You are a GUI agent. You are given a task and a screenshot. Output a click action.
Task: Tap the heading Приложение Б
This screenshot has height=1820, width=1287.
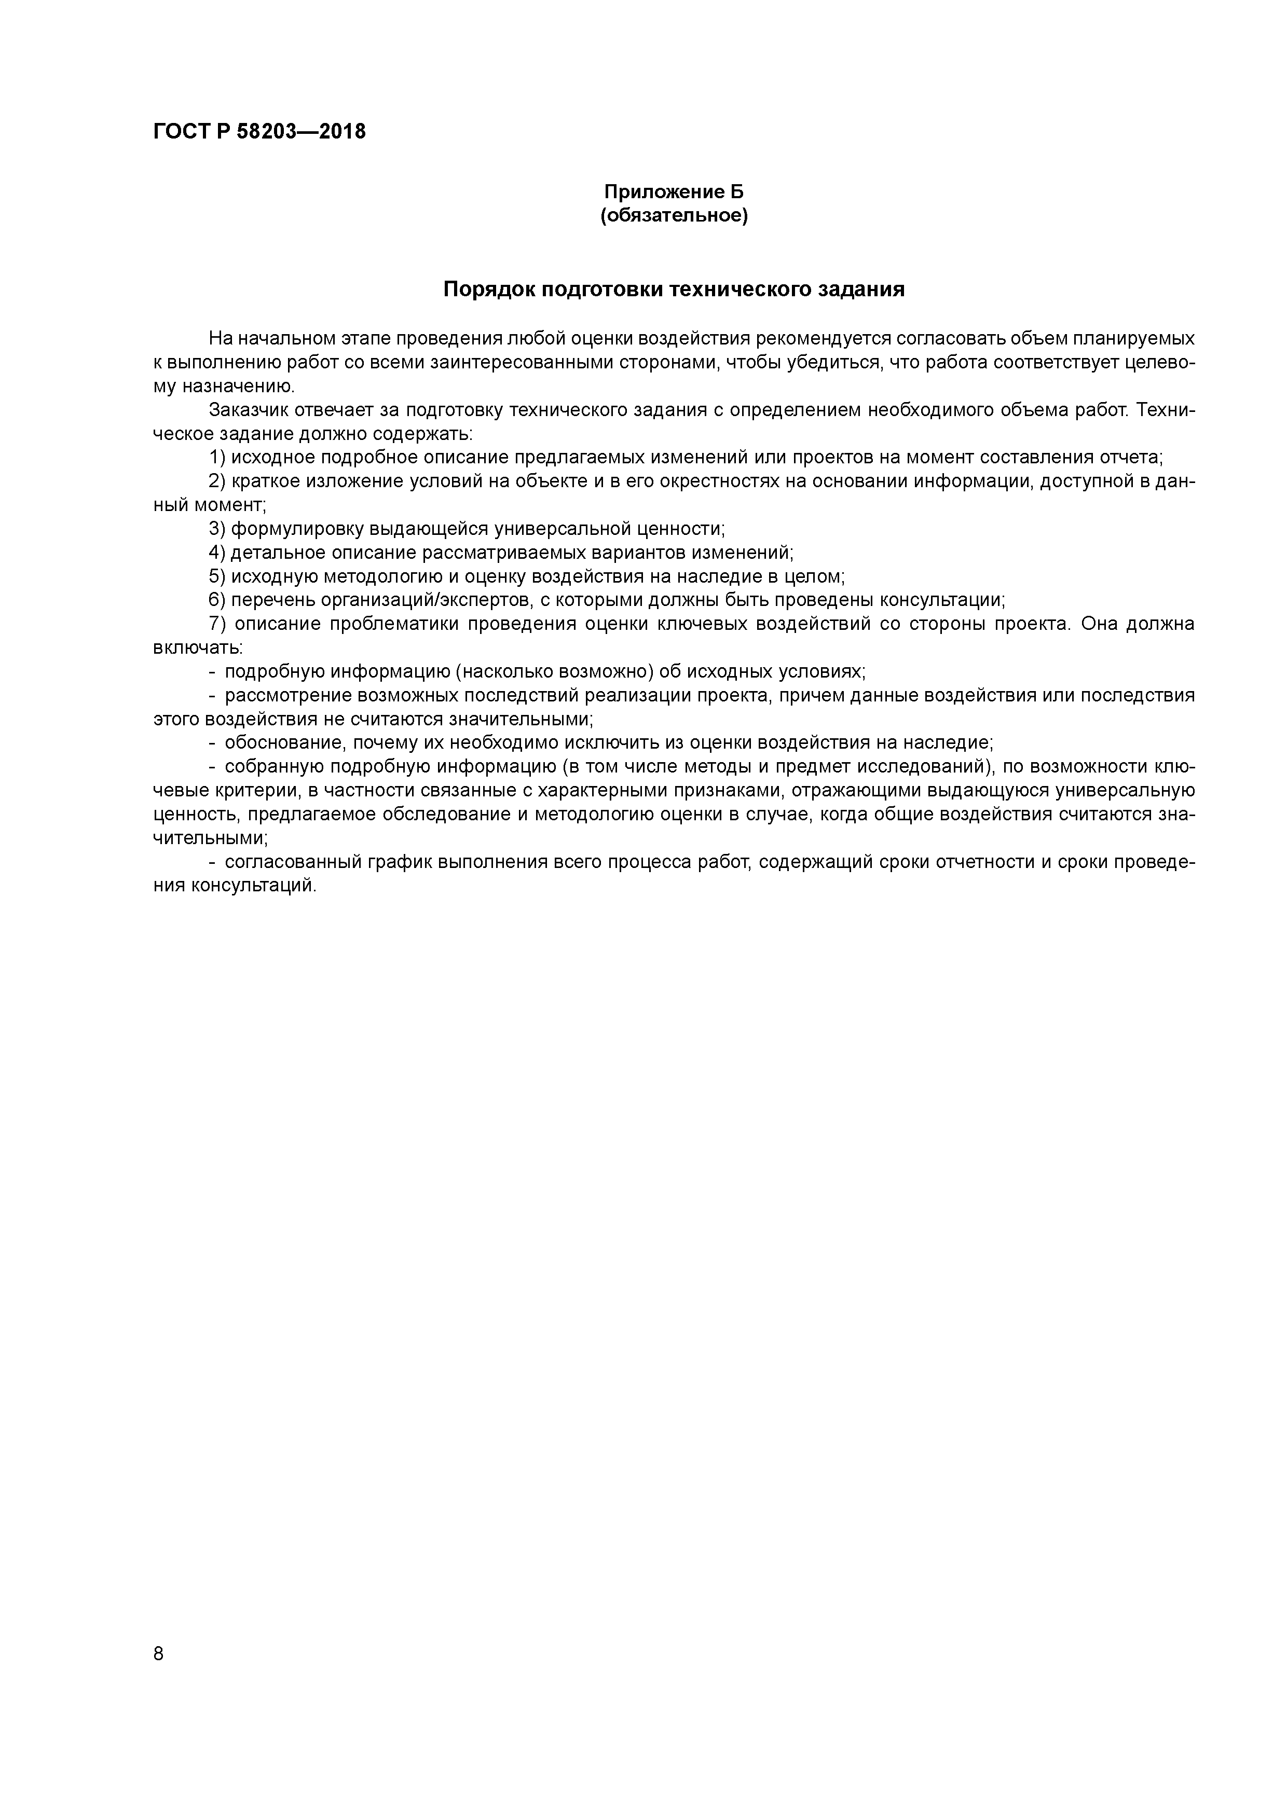(674, 192)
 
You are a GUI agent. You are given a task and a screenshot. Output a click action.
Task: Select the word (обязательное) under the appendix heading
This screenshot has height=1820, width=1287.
(674, 216)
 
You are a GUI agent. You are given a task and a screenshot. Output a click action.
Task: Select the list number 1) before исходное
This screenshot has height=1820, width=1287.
(217, 458)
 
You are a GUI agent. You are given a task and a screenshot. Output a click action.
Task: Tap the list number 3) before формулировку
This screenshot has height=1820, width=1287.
(217, 529)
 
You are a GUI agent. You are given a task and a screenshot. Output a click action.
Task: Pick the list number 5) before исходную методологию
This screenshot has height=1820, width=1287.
(217, 576)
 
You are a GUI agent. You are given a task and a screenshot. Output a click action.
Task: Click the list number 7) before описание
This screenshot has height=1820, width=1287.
(217, 624)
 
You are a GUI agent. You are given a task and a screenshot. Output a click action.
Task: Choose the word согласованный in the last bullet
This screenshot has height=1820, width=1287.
(291, 862)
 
